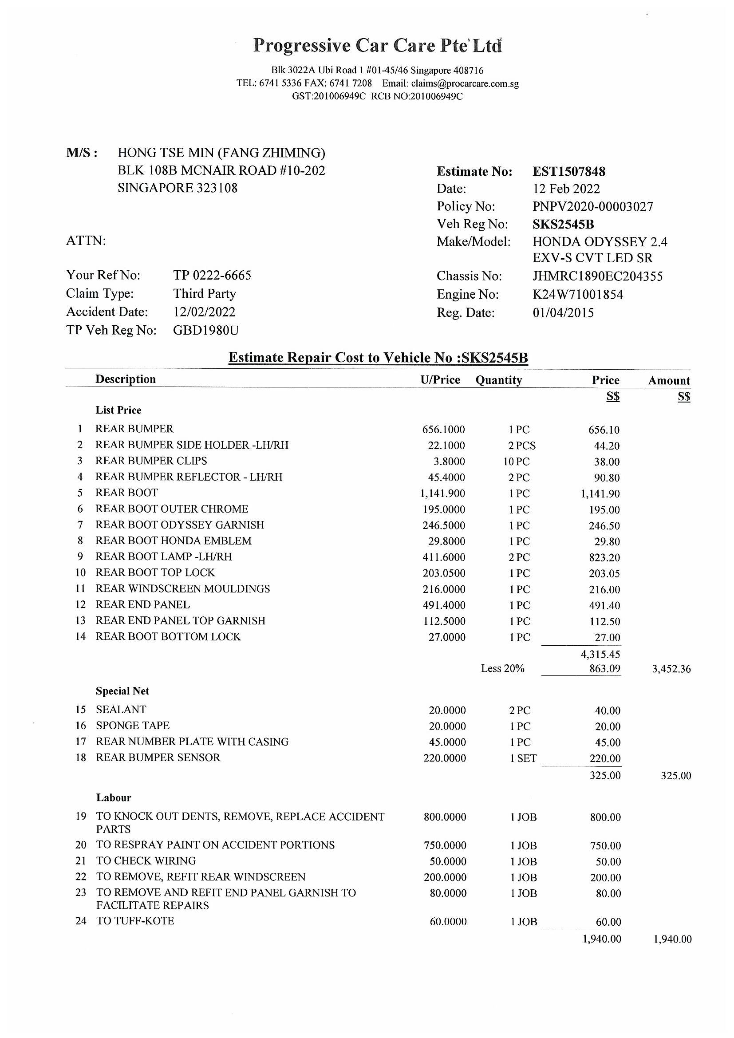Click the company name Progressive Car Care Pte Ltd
pos(377,46)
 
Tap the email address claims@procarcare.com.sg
pos(465,83)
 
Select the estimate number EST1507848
pos(568,172)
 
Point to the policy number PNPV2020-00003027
pos(592,207)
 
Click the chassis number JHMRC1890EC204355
pos(597,276)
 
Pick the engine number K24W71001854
pos(578,295)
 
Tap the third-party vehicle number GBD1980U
pos(205,331)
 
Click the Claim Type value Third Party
pos(204,294)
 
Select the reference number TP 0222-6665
pos(212,275)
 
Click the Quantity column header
pos(498,380)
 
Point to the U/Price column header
pos(440,380)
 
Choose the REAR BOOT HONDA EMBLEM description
pos(173,541)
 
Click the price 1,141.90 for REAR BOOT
pos(600,494)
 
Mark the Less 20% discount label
pos(502,669)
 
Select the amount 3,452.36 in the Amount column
pos(671,669)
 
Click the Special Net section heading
pos(122,691)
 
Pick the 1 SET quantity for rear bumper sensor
pos(523,758)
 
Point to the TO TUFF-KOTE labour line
pos(135,921)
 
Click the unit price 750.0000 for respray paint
pos(445,845)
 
